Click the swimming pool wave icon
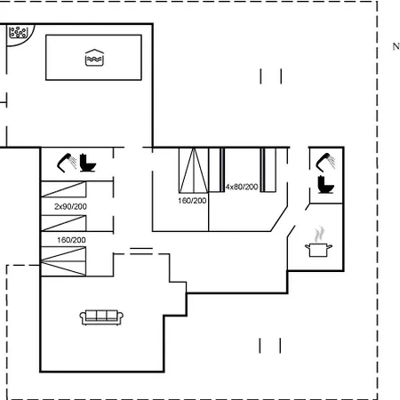pos(94,58)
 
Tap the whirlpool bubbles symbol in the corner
pos(18,32)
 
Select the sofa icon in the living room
pos(101,317)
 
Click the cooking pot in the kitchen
pos(318,250)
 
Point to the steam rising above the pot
pos(319,234)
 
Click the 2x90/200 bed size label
pos(70,206)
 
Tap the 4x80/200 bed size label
pos(242,187)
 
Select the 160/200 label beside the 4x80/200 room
pos(192,201)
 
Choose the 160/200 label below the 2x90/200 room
pos(71,240)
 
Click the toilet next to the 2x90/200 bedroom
pos(88,163)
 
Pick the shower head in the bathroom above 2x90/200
pos(67,163)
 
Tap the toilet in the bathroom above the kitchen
pos(326,185)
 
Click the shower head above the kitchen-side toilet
pos(325,162)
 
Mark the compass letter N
pos(396,46)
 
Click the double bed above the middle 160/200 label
pos(194,171)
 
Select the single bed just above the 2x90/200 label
pos(64,189)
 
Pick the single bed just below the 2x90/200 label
pos(64,223)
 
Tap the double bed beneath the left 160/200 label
pos(63,261)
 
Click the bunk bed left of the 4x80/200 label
pos(217,170)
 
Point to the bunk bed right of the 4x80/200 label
pos(268,170)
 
